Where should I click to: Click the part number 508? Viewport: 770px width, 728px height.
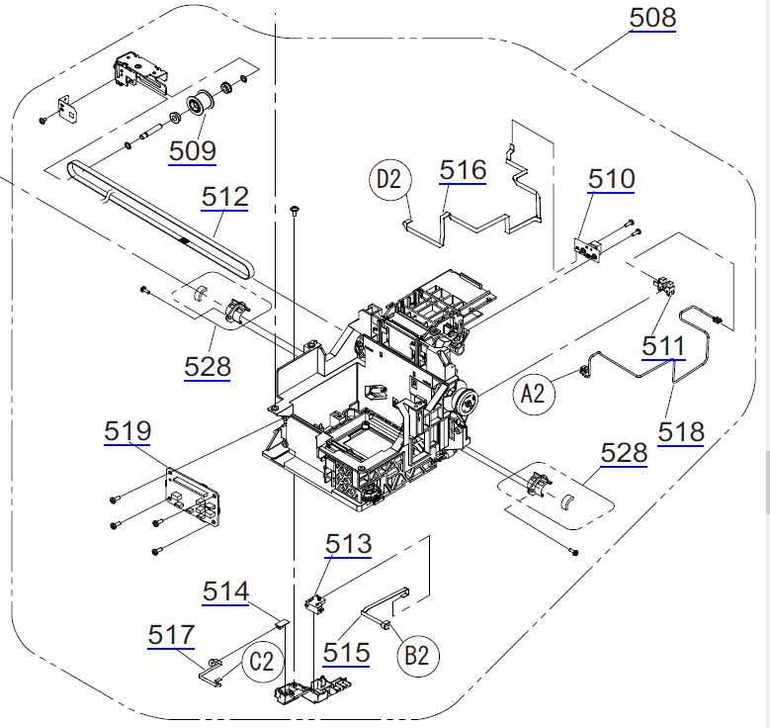pyautogui.click(x=652, y=17)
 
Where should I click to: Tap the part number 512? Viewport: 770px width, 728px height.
pyautogui.click(x=225, y=197)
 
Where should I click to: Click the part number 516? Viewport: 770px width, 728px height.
pyautogui.click(x=464, y=170)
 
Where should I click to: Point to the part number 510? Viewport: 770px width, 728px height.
pyautogui.click(x=612, y=180)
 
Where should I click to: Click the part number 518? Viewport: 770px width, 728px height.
pyautogui.click(x=682, y=431)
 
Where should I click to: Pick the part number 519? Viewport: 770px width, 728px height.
pyautogui.click(x=128, y=431)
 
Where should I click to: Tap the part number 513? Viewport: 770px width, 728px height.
pyautogui.click(x=349, y=544)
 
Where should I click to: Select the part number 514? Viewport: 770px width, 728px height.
pyautogui.click(x=226, y=591)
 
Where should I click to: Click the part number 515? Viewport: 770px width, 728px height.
pyautogui.click(x=346, y=652)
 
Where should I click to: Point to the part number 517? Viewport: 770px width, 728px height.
pyautogui.click(x=172, y=634)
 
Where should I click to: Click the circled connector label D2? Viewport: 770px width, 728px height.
pyautogui.click(x=390, y=180)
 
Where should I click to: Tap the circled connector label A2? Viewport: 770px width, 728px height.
pyautogui.click(x=534, y=395)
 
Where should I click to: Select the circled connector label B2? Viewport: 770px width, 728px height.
pyautogui.click(x=418, y=655)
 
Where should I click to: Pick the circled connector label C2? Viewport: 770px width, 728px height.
pyautogui.click(x=261, y=662)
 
